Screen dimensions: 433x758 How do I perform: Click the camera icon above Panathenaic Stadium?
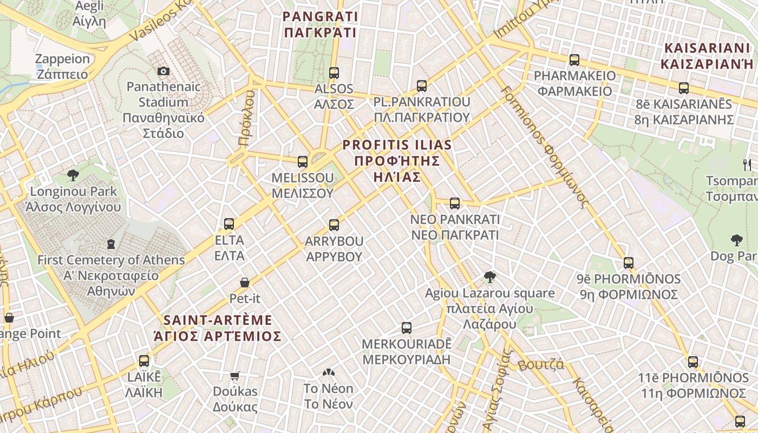(163, 71)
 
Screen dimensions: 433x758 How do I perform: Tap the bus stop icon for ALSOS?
(334, 73)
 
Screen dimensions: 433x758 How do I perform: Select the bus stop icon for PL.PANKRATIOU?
(422, 86)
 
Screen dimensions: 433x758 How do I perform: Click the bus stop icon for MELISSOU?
(303, 161)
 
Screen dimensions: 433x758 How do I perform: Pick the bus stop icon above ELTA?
(229, 224)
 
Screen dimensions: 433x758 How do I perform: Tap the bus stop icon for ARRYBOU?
(334, 225)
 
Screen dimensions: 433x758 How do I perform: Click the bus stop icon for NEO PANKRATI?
(455, 204)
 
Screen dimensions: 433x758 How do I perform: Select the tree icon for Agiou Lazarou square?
(490, 277)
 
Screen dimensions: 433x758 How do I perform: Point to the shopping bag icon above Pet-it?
(245, 283)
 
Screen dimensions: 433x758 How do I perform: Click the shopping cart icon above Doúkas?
(235, 376)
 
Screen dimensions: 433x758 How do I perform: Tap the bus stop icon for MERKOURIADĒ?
(407, 327)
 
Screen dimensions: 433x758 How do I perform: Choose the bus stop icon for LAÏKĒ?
(144, 360)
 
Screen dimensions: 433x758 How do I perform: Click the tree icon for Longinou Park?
(73, 175)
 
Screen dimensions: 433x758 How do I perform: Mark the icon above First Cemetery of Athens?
(111, 244)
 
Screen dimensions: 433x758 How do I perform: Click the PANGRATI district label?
(320, 24)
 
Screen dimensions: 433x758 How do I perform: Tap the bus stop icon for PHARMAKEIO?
(574, 60)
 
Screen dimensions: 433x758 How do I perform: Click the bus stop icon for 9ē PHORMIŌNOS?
(629, 263)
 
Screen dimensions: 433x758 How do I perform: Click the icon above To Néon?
(328, 372)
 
